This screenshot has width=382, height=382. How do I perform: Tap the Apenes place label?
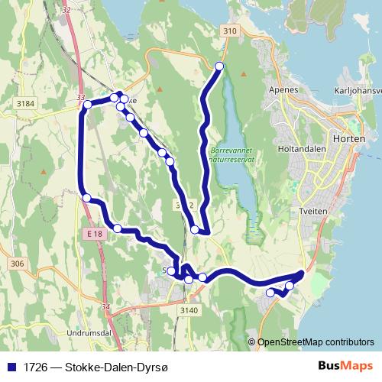pyautogui.click(x=283, y=89)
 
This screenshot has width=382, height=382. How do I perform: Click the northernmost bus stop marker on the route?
pyautogui.click(x=219, y=66)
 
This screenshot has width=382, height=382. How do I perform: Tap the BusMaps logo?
pyautogui.click(x=345, y=366)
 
